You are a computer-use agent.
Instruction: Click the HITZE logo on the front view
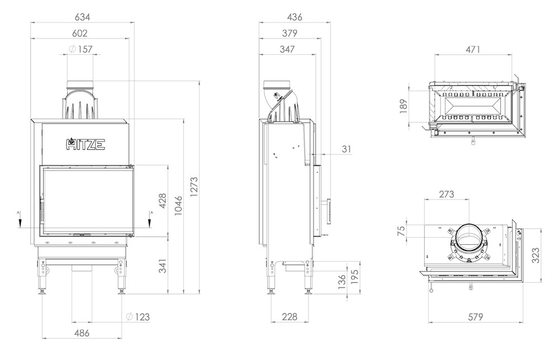click(x=86, y=144)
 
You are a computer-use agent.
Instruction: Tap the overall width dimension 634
click(x=82, y=17)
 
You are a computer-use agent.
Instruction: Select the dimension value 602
click(x=79, y=33)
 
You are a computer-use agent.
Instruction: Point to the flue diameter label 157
click(x=85, y=49)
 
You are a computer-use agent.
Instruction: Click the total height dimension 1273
click(x=193, y=187)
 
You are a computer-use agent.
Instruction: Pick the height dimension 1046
click(x=178, y=205)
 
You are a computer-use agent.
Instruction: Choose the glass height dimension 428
click(x=162, y=201)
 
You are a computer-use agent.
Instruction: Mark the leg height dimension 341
click(x=162, y=266)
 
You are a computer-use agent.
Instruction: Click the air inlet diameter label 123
click(x=143, y=317)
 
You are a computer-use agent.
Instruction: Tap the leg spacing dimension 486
click(x=82, y=333)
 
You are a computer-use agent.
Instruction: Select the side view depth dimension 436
click(x=295, y=17)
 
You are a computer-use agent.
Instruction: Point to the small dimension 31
click(x=346, y=149)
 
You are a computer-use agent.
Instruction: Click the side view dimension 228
click(x=289, y=316)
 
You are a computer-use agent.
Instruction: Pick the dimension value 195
click(x=354, y=277)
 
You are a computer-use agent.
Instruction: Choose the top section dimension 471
click(x=473, y=49)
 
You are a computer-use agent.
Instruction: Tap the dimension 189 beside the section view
click(x=403, y=106)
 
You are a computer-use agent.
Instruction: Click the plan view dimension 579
click(x=475, y=316)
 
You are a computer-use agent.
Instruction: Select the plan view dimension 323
click(x=536, y=255)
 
